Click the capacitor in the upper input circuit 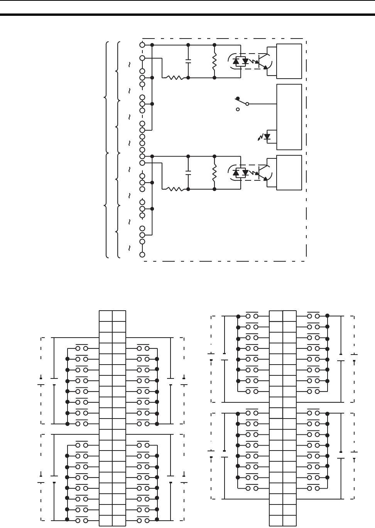coord(188,61)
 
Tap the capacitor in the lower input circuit coord(188,172)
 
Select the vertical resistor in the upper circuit coord(215,61)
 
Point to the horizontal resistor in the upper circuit coord(174,77)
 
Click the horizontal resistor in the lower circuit coord(174,189)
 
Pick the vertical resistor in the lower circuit coord(215,172)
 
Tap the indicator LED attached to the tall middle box coord(266,136)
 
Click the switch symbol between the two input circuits coord(242,103)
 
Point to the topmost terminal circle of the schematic coord(142,45)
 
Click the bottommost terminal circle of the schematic coord(142,254)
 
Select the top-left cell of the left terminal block coord(106,316)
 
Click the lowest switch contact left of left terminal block coord(81,521)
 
